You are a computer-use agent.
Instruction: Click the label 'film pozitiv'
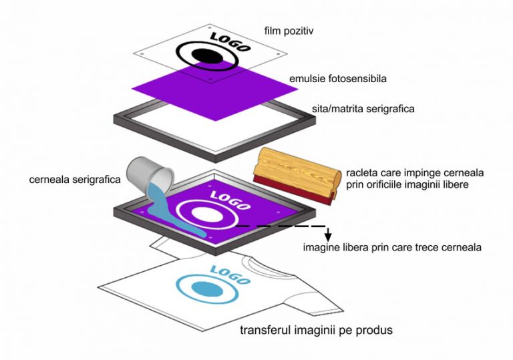tap(289, 31)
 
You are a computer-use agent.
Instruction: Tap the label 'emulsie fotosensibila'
tap(337, 79)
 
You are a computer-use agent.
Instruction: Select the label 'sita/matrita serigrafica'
tap(363, 109)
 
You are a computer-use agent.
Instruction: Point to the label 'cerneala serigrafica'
tap(75, 180)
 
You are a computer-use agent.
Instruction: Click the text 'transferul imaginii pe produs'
tap(317, 330)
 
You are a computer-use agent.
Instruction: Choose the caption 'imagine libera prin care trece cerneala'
tap(392, 247)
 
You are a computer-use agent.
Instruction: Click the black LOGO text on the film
tap(230, 42)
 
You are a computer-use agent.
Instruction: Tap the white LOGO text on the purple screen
tap(230, 200)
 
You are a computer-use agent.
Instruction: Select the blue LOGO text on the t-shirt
tap(230, 275)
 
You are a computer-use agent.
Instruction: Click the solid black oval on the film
tap(207, 56)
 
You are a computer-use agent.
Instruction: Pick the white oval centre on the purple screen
tap(207, 214)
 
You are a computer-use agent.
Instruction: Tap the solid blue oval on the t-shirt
tap(207, 289)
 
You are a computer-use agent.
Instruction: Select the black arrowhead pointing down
tap(328, 236)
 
